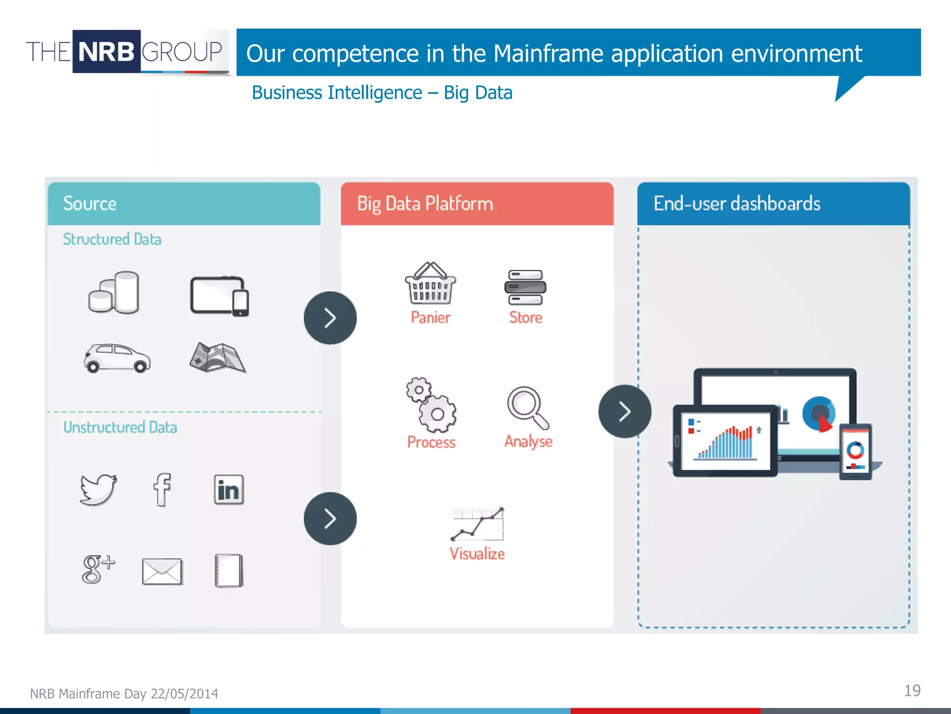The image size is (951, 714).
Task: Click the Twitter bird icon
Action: [x=98, y=489]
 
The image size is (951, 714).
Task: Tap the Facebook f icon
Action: [x=162, y=489]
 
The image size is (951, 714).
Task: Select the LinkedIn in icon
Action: [x=228, y=489]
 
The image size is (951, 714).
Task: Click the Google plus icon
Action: [x=97, y=569]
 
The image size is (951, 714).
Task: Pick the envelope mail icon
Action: [x=162, y=571]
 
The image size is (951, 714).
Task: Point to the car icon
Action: [x=117, y=358]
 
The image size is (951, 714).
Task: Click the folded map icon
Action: [x=217, y=357]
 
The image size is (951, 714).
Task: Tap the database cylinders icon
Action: [x=114, y=293]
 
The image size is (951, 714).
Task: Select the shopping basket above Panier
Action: [x=430, y=284]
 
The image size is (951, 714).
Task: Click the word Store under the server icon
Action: [x=525, y=317]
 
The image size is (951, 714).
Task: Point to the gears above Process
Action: [x=430, y=404]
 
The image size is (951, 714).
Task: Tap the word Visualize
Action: [x=477, y=554]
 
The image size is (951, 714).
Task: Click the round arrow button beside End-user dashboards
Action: [x=625, y=411]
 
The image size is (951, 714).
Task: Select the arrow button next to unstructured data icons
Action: [x=330, y=519]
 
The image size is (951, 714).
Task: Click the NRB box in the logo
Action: [x=106, y=52]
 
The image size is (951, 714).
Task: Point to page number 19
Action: [x=912, y=691]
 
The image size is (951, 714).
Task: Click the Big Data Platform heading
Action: [x=425, y=204]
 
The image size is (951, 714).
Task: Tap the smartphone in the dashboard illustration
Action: [x=855, y=452]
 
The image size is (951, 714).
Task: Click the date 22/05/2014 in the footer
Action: [x=184, y=694]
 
